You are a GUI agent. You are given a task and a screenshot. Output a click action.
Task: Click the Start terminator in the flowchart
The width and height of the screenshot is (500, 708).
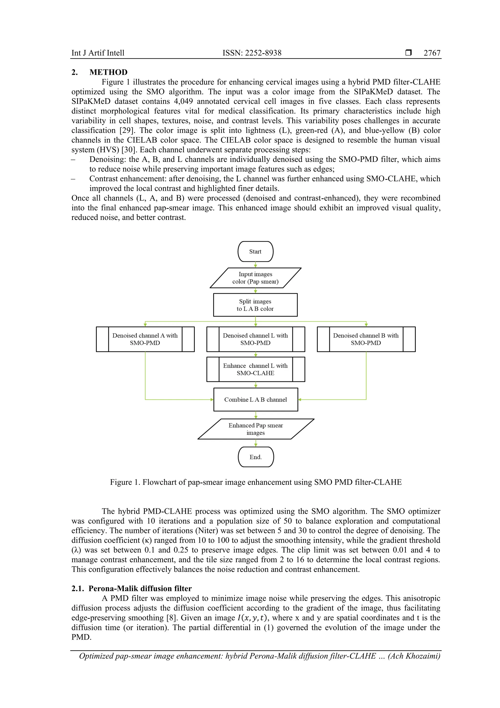click(255, 251)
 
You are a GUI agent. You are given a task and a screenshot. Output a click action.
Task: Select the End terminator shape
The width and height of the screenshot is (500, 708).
click(256, 457)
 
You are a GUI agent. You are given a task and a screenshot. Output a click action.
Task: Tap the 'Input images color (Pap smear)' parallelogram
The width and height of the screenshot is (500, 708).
click(255, 278)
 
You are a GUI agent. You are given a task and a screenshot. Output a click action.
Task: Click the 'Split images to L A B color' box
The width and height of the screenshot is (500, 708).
click(255, 305)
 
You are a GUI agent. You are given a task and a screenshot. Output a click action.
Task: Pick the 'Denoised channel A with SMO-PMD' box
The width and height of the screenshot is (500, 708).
click(145, 339)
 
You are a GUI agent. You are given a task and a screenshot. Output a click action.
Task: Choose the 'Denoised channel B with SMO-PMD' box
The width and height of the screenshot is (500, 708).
click(366, 339)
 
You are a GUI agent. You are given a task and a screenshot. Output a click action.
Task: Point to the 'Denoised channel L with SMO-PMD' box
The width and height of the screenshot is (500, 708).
click(255, 339)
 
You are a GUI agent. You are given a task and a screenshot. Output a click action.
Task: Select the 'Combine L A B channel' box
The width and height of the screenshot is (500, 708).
click(255, 399)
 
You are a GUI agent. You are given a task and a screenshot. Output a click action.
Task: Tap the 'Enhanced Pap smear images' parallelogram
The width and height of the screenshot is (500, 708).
click(256, 429)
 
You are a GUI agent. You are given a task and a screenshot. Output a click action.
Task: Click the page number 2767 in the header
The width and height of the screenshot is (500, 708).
click(432, 53)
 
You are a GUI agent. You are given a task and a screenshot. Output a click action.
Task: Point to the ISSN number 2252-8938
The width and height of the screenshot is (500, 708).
click(263, 53)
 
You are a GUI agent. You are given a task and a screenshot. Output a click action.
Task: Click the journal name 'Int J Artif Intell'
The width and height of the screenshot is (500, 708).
click(98, 53)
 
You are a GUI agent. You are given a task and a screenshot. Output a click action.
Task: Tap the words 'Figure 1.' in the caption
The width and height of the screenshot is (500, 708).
click(125, 482)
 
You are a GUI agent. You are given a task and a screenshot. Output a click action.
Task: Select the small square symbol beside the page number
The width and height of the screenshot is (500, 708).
click(408, 53)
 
